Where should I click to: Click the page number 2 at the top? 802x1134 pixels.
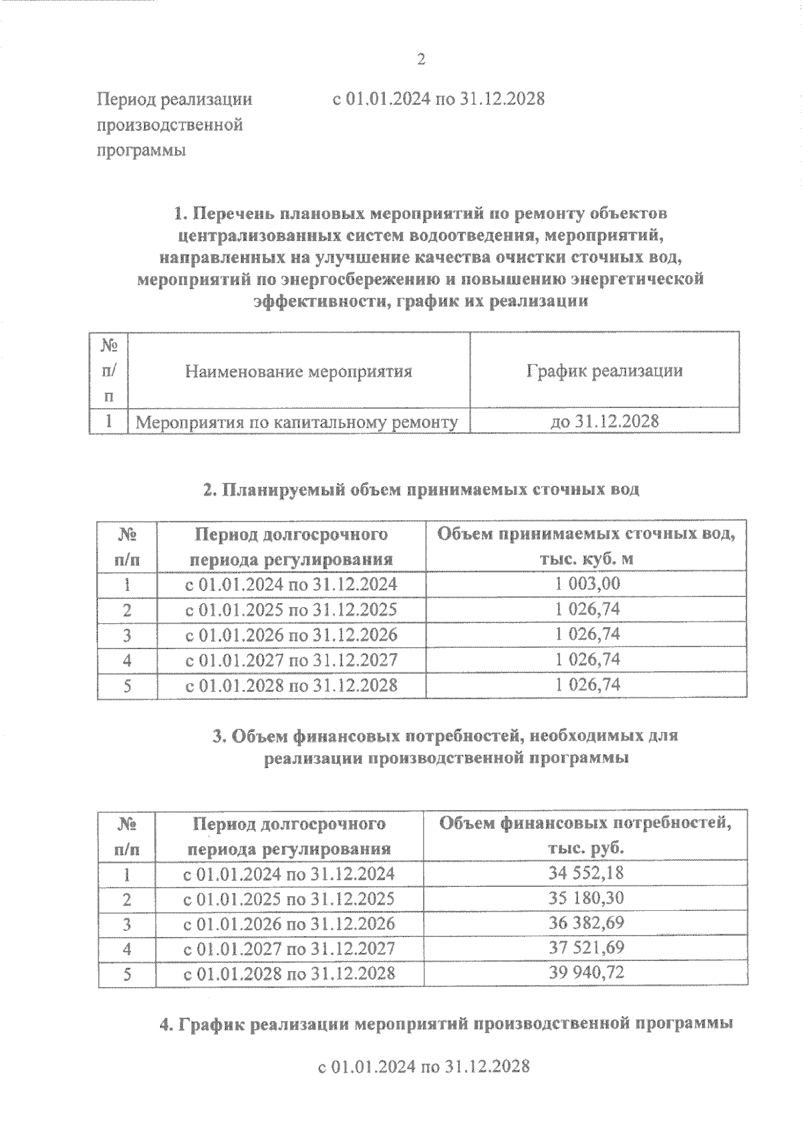click(x=421, y=60)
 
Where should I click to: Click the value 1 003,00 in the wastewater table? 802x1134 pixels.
click(x=587, y=584)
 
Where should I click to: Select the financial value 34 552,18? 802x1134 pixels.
click(x=586, y=873)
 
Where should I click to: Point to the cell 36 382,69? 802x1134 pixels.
click(x=586, y=923)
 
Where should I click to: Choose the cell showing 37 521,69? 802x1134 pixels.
click(x=586, y=948)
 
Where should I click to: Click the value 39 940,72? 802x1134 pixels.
click(x=586, y=972)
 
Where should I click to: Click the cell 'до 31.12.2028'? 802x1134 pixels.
click(x=604, y=421)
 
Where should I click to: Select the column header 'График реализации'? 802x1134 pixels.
click(x=604, y=371)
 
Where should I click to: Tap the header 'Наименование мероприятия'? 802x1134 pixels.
click(x=298, y=371)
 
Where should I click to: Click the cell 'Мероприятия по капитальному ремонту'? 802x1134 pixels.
click(x=297, y=422)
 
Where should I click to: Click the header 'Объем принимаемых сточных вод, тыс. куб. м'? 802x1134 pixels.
click(x=586, y=546)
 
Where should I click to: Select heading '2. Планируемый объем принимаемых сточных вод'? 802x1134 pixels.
click(x=421, y=490)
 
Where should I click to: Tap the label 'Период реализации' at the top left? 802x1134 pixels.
click(x=175, y=100)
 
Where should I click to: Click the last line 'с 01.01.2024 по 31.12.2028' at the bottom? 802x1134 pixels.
click(x=424, y=1066)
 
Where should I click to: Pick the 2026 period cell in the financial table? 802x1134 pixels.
click(x=289, y=923)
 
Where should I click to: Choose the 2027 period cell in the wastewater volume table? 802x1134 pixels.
click(x=291, y=660)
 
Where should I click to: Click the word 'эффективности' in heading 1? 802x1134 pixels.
click(x=317, y=301)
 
